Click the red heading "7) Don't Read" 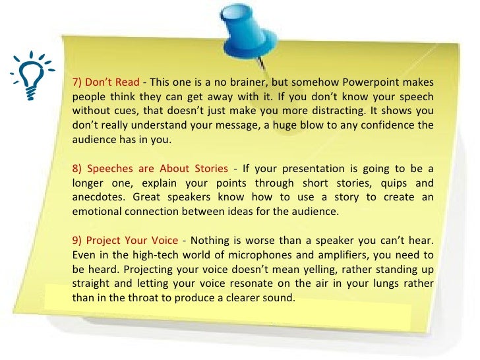(105, 82)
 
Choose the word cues (138, 111)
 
